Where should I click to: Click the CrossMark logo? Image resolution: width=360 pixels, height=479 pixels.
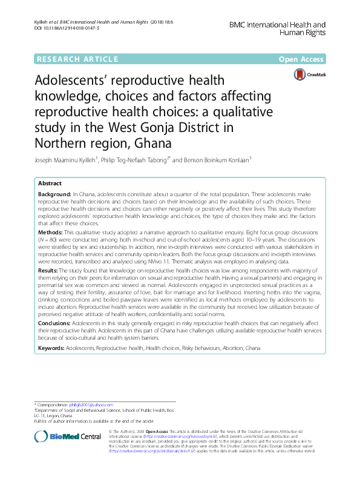pyautogui.click(x=307, y=74)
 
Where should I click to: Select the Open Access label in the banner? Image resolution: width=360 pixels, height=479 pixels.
pyautogui.click(x=301, y=59)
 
